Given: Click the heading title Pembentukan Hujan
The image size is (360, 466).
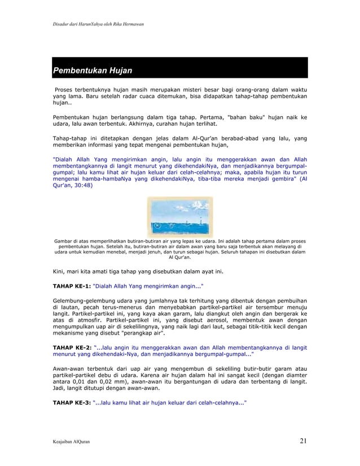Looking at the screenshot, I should pos(92,71).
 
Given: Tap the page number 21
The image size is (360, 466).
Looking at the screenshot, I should pos(304,441).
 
